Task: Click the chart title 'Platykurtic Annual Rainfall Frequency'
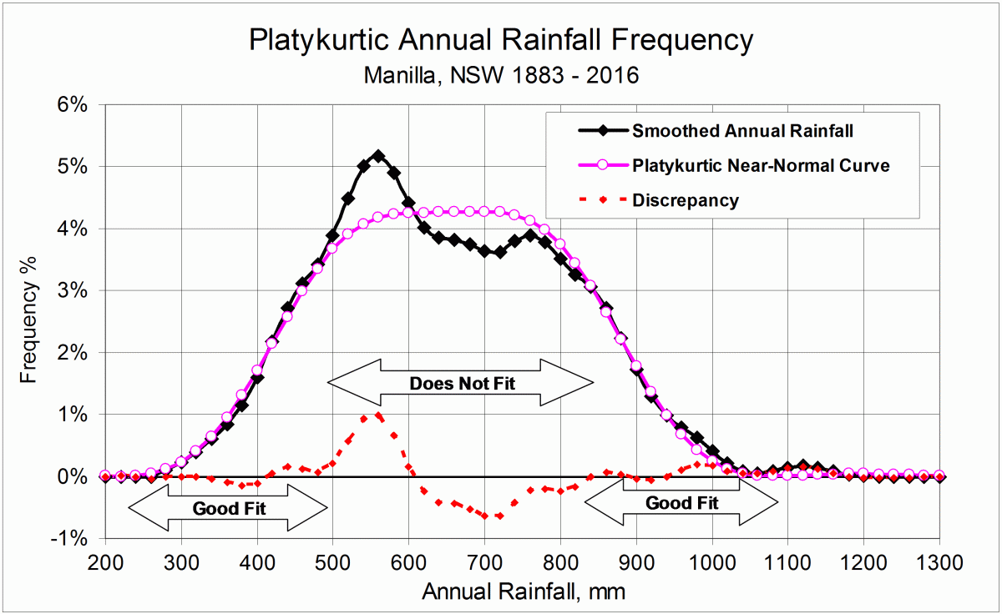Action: click(x=501, y=40)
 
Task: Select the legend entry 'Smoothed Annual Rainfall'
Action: click(x=743, y=131)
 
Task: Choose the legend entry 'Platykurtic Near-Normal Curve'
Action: click(x=760, y=165)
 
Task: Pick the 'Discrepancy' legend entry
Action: click(x=685, y=200)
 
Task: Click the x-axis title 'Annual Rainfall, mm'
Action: click(x=524, y=591)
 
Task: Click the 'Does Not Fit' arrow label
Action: click(x=462, y=384)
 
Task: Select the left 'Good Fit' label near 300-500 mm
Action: click(x=229, y=507)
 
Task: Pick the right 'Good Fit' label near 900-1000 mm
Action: click(x=681, y=503)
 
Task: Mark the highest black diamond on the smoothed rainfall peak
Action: click(x=378, y=156)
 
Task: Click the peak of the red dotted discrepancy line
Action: click(x=378, y=415)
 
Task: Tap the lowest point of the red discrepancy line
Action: click(x=499, y=516)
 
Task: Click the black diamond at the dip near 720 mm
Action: click(x=499, y=252)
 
